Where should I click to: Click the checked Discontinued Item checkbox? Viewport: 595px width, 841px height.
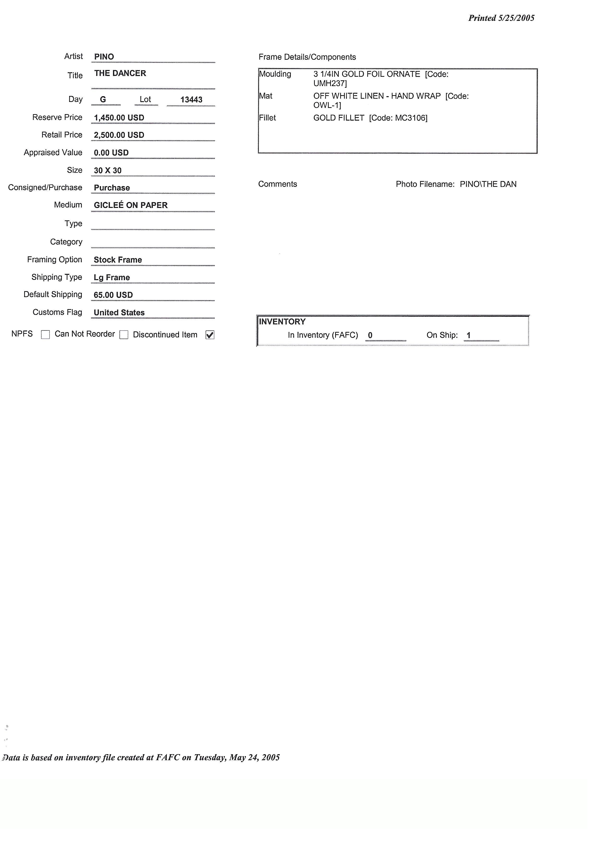click(x=210, y=335)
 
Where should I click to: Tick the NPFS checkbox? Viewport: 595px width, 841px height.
click(x=45, y=335)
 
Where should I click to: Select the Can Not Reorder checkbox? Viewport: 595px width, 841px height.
click(x=124, y=335)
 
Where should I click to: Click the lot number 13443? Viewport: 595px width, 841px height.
click(x=191, y=100)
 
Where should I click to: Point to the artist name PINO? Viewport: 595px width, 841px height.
click(x=104, y=57)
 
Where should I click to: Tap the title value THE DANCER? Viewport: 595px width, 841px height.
click(x=120, y=73)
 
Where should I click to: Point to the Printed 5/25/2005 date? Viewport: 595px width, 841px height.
click(x=501, y=18)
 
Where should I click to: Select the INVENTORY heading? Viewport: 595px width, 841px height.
click(x=282, y=322)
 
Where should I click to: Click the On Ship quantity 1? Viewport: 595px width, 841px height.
click(x=469, y=335)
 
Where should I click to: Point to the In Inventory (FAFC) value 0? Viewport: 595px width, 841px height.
click(x=370, y=335)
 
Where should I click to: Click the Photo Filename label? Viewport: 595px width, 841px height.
click(x=425, y=184)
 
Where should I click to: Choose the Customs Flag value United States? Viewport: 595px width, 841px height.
click(x=119, y=312)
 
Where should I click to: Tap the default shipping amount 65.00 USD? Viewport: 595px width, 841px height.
click(x=113, y=295)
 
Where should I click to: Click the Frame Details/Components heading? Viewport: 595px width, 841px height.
click(x=307, y=57)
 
